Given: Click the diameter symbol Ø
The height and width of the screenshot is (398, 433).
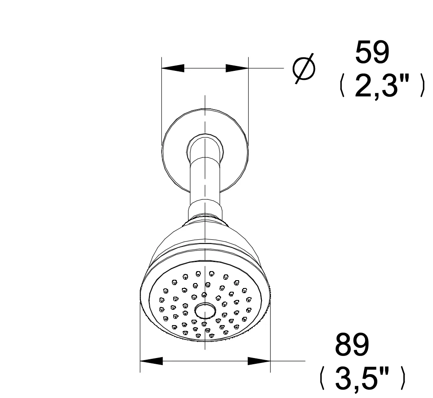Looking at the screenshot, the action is pyautogui.click(x=304, y=68).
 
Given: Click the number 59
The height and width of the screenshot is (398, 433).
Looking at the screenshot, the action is pyautogui.click(x=372, y=52).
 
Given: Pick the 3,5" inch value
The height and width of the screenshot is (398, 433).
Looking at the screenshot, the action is pyautogui.click(x=362, y=378).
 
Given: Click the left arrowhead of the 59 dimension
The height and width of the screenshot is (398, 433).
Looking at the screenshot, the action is pyautogui.click(x=173, y=68).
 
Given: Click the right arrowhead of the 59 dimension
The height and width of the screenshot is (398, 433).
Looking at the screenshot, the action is pyautogui.click(x=237, y=68).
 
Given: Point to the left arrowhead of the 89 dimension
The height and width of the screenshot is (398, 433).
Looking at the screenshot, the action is pyautogui.click(x=151, y=361).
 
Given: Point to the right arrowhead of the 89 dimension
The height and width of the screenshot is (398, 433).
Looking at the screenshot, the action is pyautogui.click(x=259, y=361).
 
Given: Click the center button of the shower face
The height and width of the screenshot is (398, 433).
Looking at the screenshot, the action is pyautogui.click(x=205, y=311).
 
